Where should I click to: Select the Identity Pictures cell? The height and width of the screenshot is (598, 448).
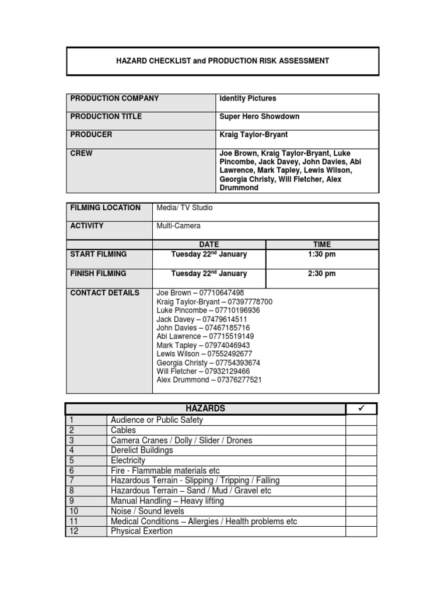tap(247, 99)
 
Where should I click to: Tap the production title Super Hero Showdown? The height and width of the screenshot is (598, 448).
tap(259, 117)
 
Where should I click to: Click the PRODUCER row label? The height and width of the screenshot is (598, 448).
tap(92, 135)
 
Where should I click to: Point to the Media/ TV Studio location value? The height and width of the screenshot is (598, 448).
tap(184, 208)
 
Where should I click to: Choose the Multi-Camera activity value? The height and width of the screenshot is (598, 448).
tap(178, 226)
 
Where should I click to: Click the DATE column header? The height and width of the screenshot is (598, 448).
tap(209, 245)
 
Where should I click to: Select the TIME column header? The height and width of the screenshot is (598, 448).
tap(321, 245)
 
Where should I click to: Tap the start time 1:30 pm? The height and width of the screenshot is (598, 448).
tap(321, 255)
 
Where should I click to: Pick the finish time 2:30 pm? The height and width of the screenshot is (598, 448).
tap(321, 274)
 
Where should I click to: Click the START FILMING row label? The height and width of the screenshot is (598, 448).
tap(98, 255)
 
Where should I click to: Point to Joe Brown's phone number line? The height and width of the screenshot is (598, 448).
tap(200, 293)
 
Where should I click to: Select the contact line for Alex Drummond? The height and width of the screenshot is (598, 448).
tap(209, 380)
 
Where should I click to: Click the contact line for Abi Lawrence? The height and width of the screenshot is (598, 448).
tap(205, 336)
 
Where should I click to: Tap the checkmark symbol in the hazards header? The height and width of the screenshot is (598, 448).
tap(361, 409)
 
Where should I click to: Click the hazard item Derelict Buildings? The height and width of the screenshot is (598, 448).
tap(142, 450)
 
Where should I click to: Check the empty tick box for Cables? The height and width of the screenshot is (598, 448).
tap(361, 430)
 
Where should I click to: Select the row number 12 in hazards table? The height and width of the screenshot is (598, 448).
tap(73, 531)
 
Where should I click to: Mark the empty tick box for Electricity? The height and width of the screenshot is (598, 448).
tap(361, 461)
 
